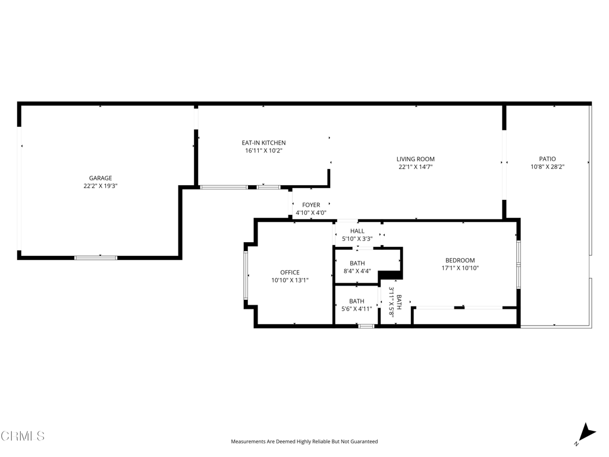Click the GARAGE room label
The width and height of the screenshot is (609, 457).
[100, 178]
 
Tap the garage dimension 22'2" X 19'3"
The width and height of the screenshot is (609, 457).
[100, 186]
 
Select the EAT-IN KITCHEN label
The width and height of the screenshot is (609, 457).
[263, 143]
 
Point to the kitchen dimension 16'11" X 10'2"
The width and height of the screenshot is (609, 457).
[263, 151]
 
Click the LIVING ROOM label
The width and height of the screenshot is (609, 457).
[416, 159]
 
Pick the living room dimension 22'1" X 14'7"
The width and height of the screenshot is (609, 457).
[416, 167]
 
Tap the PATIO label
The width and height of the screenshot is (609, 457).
[547, 159]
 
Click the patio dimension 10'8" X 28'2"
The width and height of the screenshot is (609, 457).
[547, 167]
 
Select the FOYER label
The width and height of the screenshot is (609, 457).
[311, 205]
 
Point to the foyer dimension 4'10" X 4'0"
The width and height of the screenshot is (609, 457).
[311, 212]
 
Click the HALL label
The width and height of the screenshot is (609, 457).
[357, 231]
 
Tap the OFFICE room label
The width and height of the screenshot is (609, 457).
[290, 273]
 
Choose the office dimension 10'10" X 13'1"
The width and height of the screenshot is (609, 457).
[290, 280]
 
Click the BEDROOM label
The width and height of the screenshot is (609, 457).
[460, 261]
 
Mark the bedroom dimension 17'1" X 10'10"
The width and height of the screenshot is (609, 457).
[460, 268]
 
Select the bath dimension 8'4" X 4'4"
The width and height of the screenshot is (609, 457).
[357, 271]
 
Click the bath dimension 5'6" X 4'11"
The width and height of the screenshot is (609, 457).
[357, 309]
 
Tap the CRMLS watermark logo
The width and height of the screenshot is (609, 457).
[23, 436]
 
